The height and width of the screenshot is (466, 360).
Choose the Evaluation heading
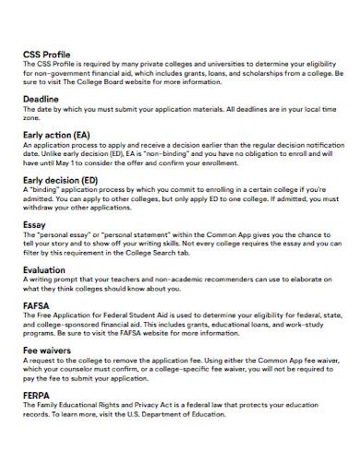[46, 270]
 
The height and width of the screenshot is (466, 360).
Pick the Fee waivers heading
[48, 352]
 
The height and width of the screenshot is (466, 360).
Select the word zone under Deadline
[31, 117]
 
